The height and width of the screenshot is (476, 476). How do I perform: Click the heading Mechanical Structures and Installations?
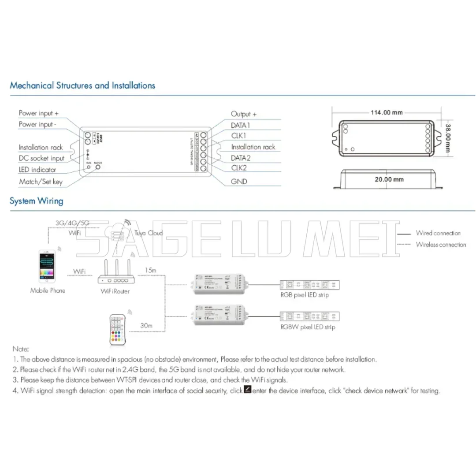click(x=82, y=86)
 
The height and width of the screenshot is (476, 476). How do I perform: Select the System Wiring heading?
click(x=37, y=201)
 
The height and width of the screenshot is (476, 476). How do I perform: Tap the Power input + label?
click(x=39, y=113)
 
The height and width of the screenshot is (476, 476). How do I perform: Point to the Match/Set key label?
click(x=41, y=182)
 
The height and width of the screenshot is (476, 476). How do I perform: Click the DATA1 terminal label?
click(x=241, y=125)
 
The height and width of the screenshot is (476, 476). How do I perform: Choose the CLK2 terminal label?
click(x=240, y=168)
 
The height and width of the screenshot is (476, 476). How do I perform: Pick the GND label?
click(x=239, y=181)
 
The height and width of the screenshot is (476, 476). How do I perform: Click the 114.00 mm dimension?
click(x=387, y=112)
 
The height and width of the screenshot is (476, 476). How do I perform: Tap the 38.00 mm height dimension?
click(x=448, y=137)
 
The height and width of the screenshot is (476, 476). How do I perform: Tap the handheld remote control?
click(x=118, y=330)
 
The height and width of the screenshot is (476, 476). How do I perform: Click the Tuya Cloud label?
click(x=149, y=233)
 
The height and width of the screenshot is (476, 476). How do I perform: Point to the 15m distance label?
click(x=150, y=270)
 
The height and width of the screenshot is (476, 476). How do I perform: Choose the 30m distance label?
click(x=146, y=325)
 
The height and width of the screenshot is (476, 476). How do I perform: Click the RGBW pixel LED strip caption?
click(x=308, y=327)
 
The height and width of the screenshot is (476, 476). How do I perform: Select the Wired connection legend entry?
click(x=438, y=233)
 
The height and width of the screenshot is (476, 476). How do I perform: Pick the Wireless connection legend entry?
click(x=441, y=245)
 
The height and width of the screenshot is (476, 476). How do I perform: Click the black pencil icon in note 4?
click(x=248, y=390)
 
